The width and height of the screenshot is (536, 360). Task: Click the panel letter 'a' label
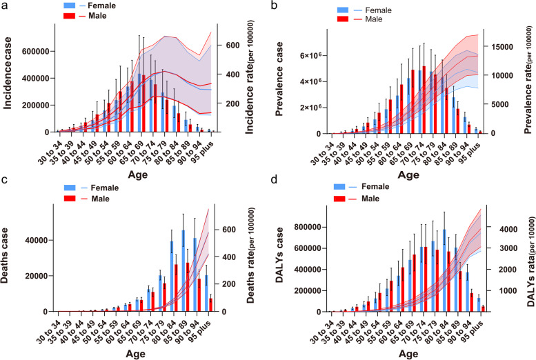coord(6,7)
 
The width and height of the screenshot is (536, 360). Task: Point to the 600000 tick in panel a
coord(35,51)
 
